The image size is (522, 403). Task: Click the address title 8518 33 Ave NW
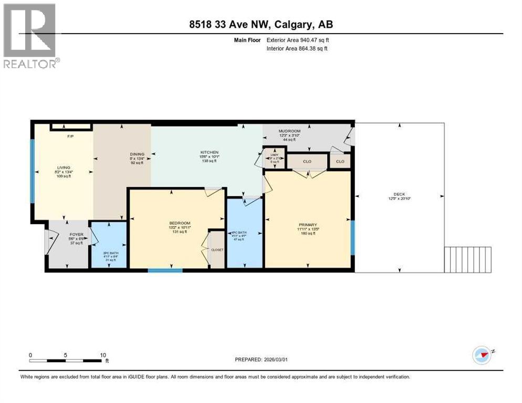pos(260,24)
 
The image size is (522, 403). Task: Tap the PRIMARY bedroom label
pos(308,225)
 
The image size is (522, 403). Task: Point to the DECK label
pos(401,194)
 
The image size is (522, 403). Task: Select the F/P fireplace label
pos(69,136)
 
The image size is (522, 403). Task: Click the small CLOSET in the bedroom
pos(217,250)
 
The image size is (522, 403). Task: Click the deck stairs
pos(468,260)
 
